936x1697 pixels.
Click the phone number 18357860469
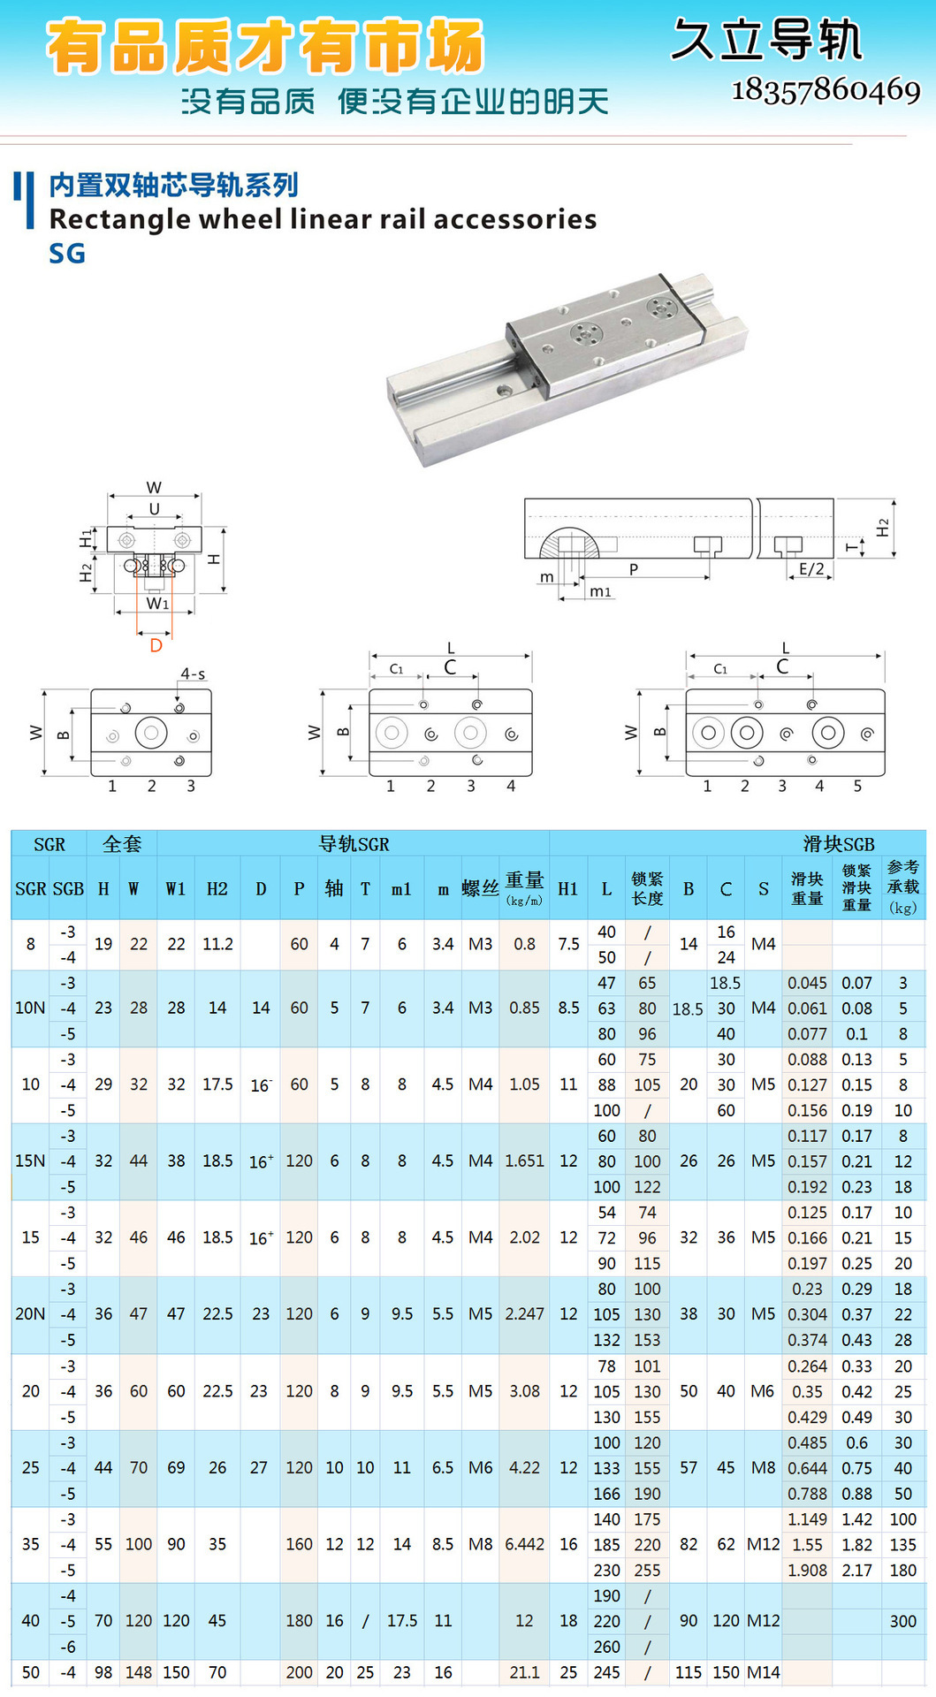click(826, 90)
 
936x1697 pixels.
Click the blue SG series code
click(67, 254)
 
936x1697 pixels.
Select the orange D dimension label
click(156, 645)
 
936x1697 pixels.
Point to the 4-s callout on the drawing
click(193, 674)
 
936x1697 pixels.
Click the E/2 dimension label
click(811, 569)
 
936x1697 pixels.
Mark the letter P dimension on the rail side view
click(634, 569)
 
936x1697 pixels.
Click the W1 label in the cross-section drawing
click(157, 604)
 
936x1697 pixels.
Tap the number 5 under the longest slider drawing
click(857, 786)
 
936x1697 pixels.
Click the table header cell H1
click(568, 889)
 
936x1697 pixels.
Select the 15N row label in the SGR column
click(30, 1161)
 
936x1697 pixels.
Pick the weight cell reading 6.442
click(524, 1544)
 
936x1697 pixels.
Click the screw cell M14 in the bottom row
click(764, 1672)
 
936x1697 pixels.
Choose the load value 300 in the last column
click(902, 1621)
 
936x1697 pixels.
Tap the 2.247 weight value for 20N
click(524, 1314)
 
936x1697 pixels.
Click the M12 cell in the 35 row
click(764, 1544)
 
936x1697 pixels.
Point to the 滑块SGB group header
click(838, 844)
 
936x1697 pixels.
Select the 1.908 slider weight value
click(808, 1570)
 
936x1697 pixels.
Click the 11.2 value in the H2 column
click(217, 944)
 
